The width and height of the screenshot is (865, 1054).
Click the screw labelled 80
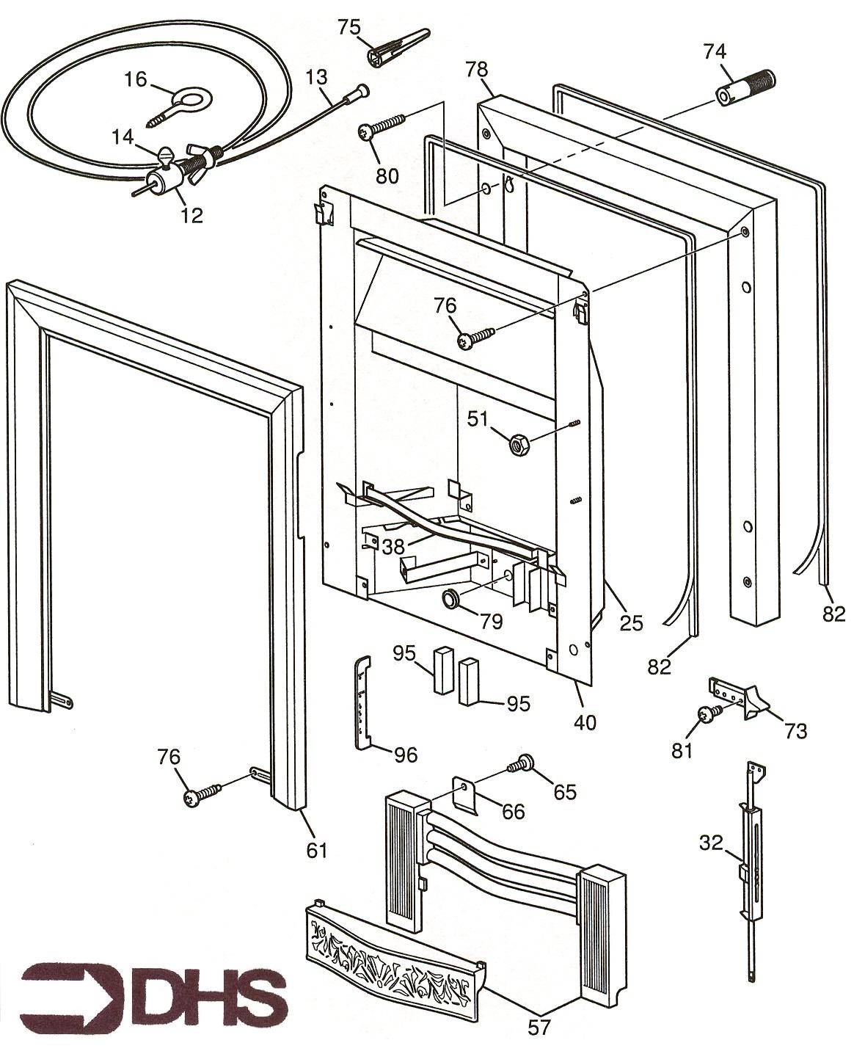coord(382,126)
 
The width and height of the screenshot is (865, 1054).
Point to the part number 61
coord(316,850)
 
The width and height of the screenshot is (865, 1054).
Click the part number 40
coord(585,722)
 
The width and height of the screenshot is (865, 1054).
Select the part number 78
coord(476,70)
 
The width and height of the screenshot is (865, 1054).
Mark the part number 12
coord(192,215)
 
